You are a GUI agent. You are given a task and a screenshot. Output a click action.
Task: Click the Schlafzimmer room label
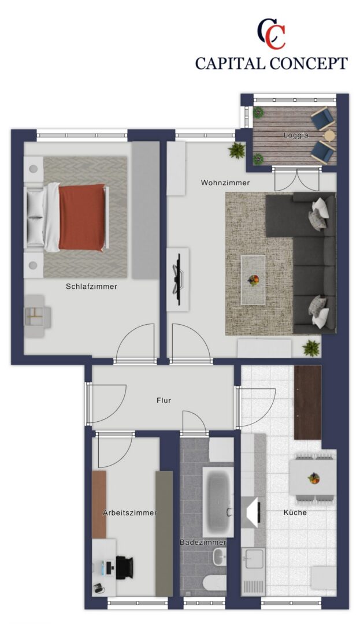pos(91,286)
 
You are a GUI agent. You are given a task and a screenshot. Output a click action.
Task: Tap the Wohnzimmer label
pos(225,183)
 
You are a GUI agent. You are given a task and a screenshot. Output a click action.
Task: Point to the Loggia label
pos(295,135)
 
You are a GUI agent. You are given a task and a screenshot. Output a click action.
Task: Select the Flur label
pos(164,400)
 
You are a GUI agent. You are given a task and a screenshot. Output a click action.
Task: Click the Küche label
pos(295,512)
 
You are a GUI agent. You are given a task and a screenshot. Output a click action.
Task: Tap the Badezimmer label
pos(203,542)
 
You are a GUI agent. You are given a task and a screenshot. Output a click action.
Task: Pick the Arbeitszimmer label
pos(129,512)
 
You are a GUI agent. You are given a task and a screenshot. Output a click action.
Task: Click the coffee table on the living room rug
pos(253,280)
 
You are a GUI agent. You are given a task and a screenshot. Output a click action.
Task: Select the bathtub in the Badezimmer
pos(218,502)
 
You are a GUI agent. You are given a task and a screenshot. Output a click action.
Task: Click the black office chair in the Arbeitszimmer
pos(124,568)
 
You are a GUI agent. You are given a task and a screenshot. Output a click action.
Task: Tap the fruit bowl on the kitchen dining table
pos(314,478)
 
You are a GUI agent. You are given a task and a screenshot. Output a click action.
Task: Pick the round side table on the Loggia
pos(329,136)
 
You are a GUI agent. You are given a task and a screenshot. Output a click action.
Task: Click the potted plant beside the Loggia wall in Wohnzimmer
pos(237,150)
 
